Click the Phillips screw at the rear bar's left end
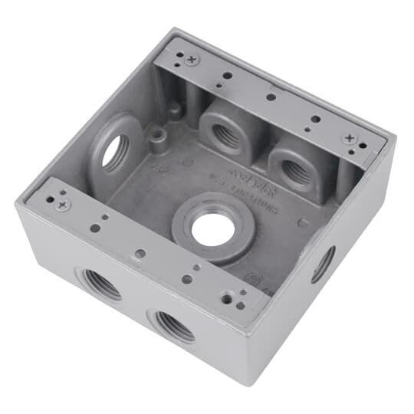(x=192, y=59)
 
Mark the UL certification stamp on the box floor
(x=251, y=278)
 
